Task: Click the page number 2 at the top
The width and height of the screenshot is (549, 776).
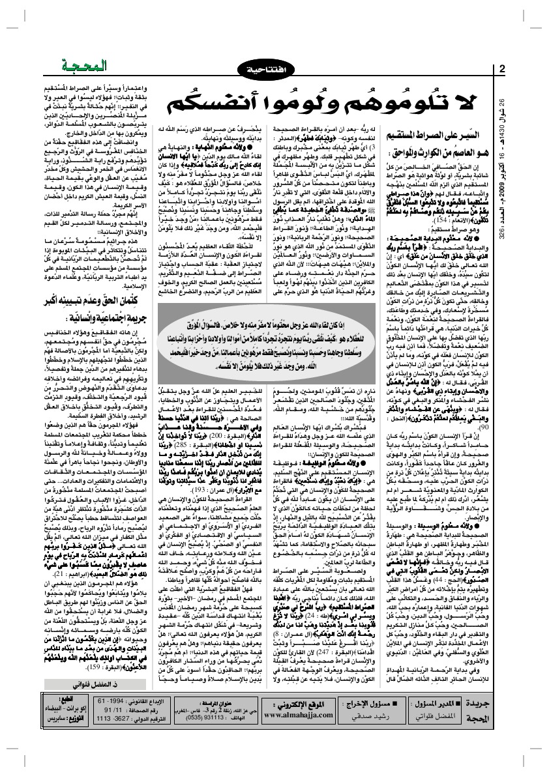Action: pyautogui.click(x=503, y=70)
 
